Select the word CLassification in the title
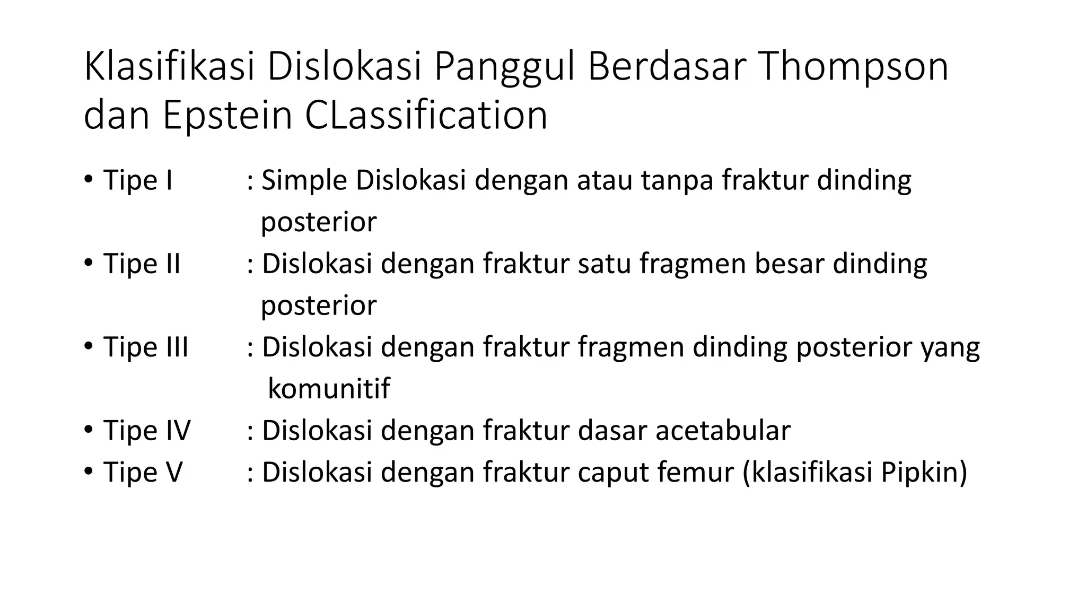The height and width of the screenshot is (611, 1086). [x=426, y=116]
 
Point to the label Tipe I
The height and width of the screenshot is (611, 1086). [x=138, y=180]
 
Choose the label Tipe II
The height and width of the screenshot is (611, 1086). [x=142, y=264]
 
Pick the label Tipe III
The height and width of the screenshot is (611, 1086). [x=146, y=347]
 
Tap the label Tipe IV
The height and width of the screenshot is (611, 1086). [x=146, y=430]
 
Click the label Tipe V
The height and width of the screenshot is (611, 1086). [x=143, y=472]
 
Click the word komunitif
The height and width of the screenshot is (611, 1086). [x=329, y=389]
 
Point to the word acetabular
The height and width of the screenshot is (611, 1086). [x=723, y=430]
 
